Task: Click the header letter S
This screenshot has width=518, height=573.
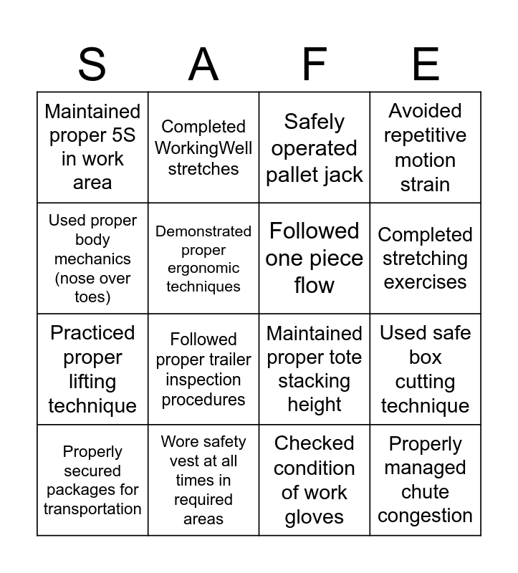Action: (92, 64)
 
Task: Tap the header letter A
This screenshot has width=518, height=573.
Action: (203, 64)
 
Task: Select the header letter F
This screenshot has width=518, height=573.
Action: (315, 64)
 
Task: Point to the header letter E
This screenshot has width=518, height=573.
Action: (426, 64)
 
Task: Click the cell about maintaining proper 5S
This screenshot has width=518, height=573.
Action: (92, 147)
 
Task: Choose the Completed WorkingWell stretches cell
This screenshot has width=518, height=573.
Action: (203, 148)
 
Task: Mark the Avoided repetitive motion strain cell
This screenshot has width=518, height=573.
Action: (426, 148)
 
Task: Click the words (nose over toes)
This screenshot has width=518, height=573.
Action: (92, 287)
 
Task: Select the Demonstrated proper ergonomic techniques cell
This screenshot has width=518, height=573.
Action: (203, 259)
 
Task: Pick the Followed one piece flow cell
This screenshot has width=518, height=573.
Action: (315, 258)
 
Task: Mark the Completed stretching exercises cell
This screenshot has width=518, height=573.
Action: (426, 259)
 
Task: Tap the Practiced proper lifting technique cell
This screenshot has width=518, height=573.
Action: (92, 370)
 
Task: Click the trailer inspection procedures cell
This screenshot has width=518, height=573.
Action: (203, 370)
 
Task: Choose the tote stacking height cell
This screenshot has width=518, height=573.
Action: (315, 370)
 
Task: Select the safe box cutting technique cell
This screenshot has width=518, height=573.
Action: (426, 370)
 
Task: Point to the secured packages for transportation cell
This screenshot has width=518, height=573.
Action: (92, 481)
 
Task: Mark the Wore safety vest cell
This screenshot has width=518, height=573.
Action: (203, 481)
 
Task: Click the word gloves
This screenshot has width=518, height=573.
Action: (315, 517)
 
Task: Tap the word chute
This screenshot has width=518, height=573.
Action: (426, 492)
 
